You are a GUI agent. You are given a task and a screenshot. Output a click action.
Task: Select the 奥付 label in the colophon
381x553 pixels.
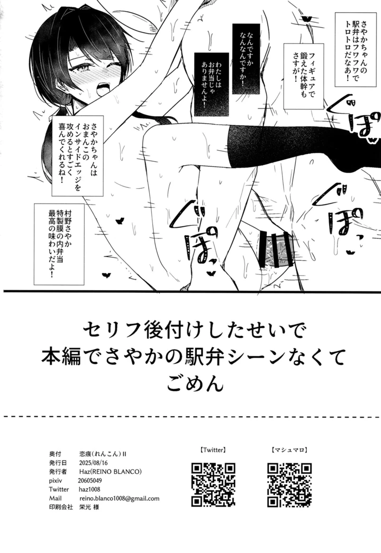pyautogui.click(x=56, y=453)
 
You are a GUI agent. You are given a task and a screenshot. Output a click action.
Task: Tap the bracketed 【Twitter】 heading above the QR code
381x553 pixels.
pyautogui.click(x=214, y=450)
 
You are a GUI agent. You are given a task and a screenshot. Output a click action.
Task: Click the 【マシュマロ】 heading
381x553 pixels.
pyautogui.click(x=289, y=450)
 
